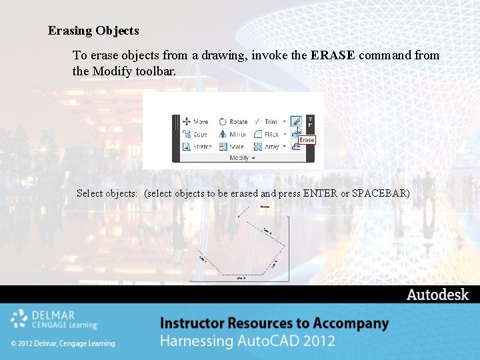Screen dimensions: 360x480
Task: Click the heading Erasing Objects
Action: [93, 31]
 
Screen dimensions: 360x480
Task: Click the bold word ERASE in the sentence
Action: [333, 55]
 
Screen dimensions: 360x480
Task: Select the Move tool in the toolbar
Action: [195, 122]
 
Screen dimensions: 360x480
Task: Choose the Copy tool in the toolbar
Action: [195, 134]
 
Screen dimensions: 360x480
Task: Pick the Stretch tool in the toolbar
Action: [197, 147]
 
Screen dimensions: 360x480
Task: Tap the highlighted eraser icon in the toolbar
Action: [296, 122]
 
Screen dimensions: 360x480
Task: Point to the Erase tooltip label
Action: [307, 140]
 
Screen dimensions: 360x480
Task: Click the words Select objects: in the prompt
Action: [107, 193]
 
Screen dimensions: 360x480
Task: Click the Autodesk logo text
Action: [438, 295]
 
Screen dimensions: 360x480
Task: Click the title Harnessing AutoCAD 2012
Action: [247, 341]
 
